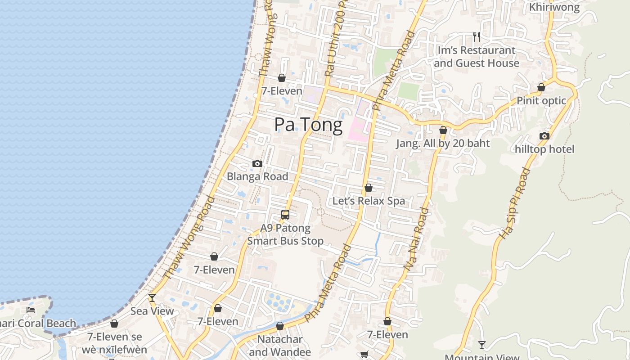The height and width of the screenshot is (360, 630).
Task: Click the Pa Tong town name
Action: (308, 125)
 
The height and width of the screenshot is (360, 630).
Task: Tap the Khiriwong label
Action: (554, 7)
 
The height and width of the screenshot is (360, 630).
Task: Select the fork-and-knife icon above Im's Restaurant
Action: (476, 36)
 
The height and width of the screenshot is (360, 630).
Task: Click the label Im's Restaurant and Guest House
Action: (476, 57)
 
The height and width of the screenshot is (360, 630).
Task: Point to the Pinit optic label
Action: (541, 100)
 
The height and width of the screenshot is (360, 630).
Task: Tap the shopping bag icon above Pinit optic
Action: (541, 87)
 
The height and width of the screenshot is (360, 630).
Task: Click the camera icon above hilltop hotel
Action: (544, 136)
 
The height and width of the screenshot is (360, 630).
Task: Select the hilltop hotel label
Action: (544, 149)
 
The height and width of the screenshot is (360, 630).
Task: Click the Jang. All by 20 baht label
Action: (443, 144)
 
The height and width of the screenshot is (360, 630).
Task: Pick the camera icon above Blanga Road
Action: (257, 163)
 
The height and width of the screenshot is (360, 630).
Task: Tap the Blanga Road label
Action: (257, 176)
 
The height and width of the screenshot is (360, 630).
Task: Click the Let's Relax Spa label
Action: (369, 201)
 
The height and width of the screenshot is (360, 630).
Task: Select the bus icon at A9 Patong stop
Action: (285, 215)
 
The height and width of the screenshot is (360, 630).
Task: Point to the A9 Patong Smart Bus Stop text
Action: (285, 234)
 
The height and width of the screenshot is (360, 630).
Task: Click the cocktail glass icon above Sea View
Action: (152, 298)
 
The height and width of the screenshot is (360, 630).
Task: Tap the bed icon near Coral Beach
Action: (31, 310)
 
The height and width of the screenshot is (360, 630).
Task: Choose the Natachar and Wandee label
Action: (280, 345)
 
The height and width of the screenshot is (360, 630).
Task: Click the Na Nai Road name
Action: (416, 239)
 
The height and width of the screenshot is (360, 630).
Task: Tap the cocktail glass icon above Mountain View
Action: (482, 345)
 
